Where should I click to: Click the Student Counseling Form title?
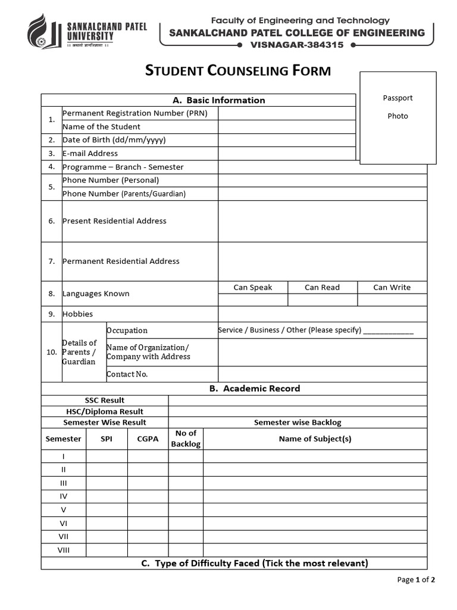[x=238, y=71]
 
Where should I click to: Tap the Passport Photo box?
[x=397, y=118]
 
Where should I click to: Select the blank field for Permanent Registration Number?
[x=286, y=113]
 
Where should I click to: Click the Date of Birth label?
[x=114, y=140]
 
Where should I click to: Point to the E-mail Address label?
[x=90, y=153]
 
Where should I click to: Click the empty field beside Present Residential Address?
[x=322, y=221]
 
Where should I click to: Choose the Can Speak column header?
[x=252, y=287]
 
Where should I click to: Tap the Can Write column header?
[x=392, y=287]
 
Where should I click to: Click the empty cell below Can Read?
[x=322, y=300]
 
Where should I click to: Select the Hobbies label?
[x=77, y=314]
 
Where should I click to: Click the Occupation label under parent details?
[x=127, y=331]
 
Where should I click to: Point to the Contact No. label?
[x=127, y=374]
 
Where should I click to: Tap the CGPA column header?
[x=148, y=439]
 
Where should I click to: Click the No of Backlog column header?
[x=186, y=439]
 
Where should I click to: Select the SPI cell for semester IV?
[x=107, y=496]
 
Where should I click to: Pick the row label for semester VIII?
[x=63, y=550]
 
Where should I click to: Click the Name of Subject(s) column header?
[x=315, y=439]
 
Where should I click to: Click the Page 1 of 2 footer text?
[x=416, y=580]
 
